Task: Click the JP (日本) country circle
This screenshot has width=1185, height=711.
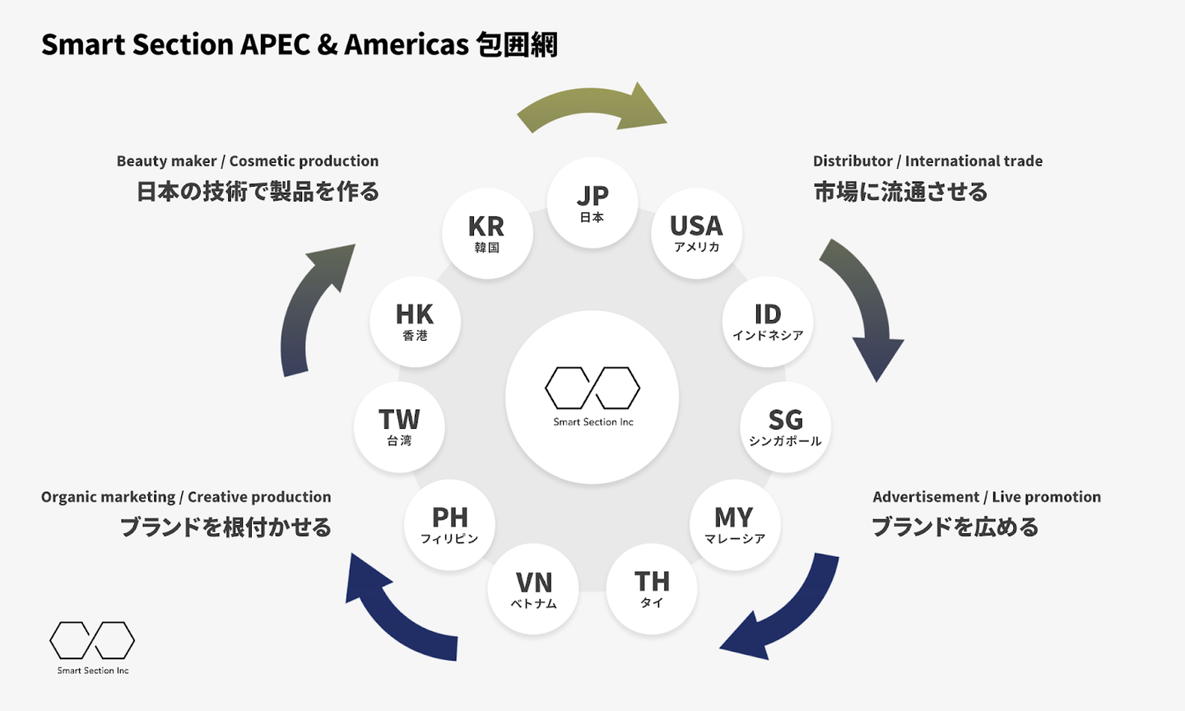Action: (x=592, y=202)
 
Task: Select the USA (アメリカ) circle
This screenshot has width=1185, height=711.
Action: (x=697, y=233)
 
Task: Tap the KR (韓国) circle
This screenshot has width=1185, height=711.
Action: (x=487, y=233)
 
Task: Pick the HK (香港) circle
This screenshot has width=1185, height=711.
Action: (x=415, y=322)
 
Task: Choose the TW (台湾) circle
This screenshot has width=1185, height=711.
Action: (x=399, y=427)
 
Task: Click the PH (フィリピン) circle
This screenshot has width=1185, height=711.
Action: (x=449, y=524)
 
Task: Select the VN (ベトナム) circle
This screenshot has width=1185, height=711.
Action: (x=533, y=589)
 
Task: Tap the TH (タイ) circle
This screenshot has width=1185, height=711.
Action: (x=652, y=589)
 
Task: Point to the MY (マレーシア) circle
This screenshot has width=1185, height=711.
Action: (x=735, y=524)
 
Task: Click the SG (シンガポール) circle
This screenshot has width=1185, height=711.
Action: (x=785, y=427)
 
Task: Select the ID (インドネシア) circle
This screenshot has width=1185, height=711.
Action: (x=768, y=322)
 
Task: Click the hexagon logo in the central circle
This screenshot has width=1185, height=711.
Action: (x=592, y=388)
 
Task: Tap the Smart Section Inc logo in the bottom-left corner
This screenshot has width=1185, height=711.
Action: (x=92, y=647)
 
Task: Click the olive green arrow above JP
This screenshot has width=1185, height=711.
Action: (x=592, y=109)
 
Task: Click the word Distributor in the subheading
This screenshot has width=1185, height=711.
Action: (x=853, y=161)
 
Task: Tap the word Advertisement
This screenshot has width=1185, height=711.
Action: (x=926, y=497)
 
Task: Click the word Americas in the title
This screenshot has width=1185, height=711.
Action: (x=407, y=44)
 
